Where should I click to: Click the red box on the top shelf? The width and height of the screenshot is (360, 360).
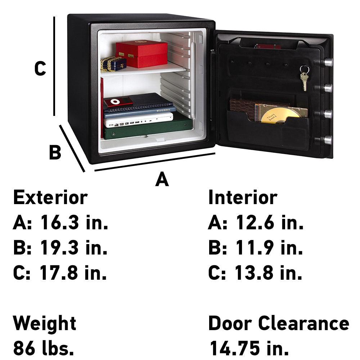tap(142, 54)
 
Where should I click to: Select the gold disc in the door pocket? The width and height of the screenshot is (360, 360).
tap(280, 115)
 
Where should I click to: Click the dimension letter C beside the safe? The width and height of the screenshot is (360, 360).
tap(40, 69)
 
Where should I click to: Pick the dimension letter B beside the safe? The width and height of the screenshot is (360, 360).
tap(55, 152)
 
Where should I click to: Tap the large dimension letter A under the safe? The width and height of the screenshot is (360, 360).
tap(162, 180)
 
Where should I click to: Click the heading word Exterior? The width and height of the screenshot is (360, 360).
tap(50, 198)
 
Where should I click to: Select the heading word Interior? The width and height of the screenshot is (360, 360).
tap(243, 198)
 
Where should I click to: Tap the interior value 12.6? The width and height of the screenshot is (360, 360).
tap(254, 223)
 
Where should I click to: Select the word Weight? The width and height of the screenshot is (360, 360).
tap(45, 323)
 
